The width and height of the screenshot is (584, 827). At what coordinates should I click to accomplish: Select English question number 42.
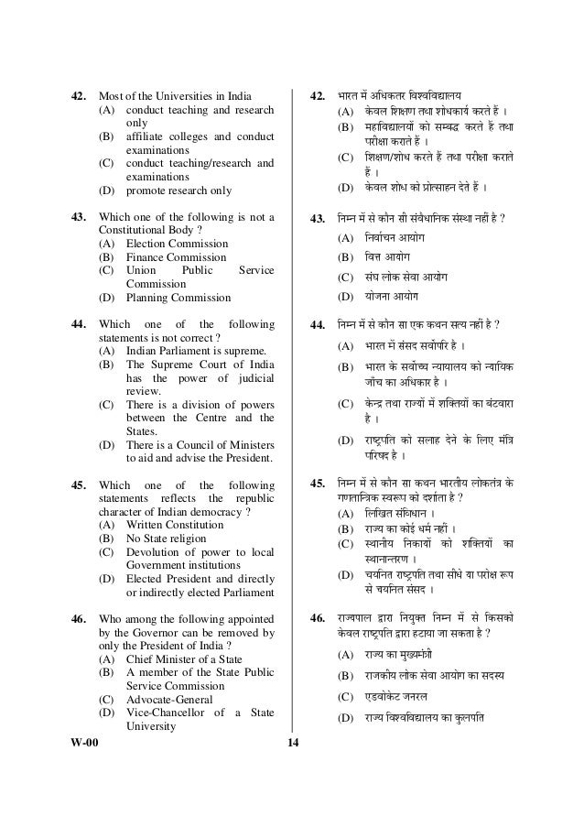(81, 95)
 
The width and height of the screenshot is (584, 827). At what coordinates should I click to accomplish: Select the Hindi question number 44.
(319, 324)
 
